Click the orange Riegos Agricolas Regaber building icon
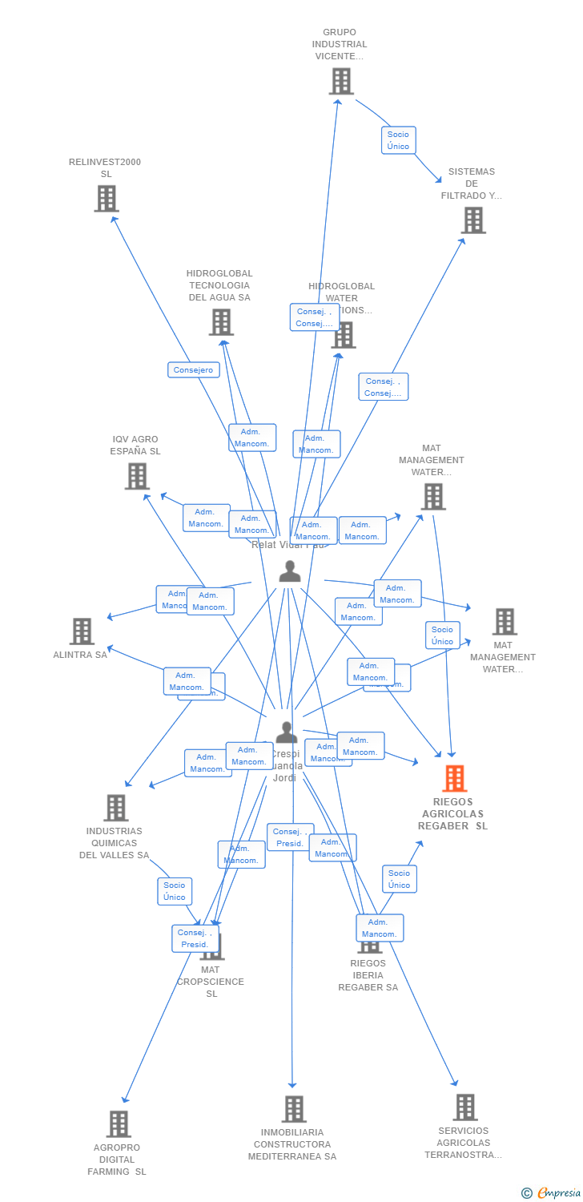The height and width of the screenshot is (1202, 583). click(454, 778)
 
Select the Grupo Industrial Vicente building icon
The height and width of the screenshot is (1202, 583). click(341, 81)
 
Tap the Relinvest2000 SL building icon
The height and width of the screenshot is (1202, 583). click(107, 199)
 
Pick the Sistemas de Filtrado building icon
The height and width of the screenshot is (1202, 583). click(472, 220)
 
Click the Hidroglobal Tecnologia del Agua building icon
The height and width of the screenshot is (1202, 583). click(221, 322)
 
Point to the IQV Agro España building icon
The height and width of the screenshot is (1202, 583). click(137, 476)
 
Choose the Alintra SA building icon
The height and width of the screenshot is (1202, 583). click(82, 631)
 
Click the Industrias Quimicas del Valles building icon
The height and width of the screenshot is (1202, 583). click(116, 808)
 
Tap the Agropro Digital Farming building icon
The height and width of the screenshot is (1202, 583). click(119, 1124)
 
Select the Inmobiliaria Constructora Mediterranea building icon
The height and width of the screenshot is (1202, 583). click(294, 1109)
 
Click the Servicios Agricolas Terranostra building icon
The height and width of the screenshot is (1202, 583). click(464, 1107)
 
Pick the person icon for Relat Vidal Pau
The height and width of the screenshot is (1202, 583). click(290, 571)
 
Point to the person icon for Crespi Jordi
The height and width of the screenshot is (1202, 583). click(286, 732)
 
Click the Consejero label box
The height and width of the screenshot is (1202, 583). click(193, 370)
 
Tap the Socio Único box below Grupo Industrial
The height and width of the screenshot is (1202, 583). click(398, 140)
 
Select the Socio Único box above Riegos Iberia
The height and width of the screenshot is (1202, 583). click(399, 879)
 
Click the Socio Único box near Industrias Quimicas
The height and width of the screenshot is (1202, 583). click(175, 891)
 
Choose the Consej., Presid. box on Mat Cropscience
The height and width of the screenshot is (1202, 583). click(195, 938)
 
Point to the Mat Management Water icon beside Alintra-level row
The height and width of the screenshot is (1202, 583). click(504, 621)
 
